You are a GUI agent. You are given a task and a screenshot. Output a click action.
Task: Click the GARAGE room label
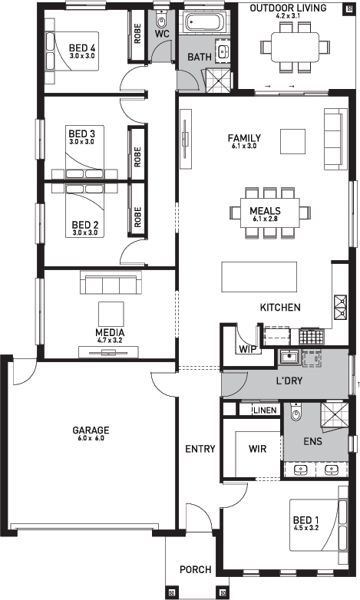91,430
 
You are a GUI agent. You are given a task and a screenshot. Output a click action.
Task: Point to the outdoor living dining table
295,47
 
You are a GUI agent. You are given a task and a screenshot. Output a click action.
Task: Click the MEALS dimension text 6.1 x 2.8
265,219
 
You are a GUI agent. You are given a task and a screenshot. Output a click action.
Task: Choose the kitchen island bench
259,277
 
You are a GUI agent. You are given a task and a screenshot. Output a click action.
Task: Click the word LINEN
265,410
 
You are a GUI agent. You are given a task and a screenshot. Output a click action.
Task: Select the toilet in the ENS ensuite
296,412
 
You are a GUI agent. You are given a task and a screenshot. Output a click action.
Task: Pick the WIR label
257,449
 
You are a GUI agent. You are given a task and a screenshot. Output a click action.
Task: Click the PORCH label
196,570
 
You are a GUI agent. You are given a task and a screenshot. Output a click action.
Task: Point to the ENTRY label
200,449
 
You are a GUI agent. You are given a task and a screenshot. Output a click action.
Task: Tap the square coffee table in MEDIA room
111,314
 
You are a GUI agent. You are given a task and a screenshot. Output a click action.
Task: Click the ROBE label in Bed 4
137,34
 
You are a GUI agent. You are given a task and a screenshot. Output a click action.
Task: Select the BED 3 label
81,134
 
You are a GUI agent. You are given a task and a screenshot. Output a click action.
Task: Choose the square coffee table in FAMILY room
292,142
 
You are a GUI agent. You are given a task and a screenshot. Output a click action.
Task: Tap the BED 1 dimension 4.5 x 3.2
306,528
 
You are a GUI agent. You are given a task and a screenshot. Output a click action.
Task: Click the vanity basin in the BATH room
223,51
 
